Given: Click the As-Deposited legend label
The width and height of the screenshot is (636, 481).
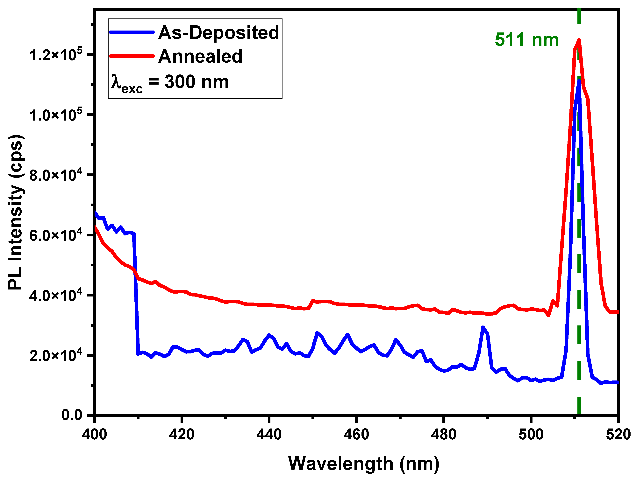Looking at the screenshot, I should (x=218, y=32).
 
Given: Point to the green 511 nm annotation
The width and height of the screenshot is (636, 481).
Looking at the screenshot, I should (x=527, y=40).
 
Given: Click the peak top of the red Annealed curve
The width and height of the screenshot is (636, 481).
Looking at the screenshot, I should (x=579, y=40).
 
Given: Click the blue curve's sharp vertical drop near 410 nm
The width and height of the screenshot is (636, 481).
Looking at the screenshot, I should (x=136, y=293).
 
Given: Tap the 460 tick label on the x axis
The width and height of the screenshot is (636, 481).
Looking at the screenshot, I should (x=356, y=434).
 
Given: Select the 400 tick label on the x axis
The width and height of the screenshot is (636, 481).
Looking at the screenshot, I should (x=94, y=434).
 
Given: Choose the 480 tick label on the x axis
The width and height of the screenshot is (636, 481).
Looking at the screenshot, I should (x=444, y=434).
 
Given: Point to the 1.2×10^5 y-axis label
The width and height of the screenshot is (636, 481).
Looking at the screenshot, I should (x=56, y=55).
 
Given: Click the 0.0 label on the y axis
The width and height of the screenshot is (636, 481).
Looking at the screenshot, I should (x=72, y=415).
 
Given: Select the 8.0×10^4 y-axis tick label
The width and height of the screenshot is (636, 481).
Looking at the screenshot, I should (x=56, y=175).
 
